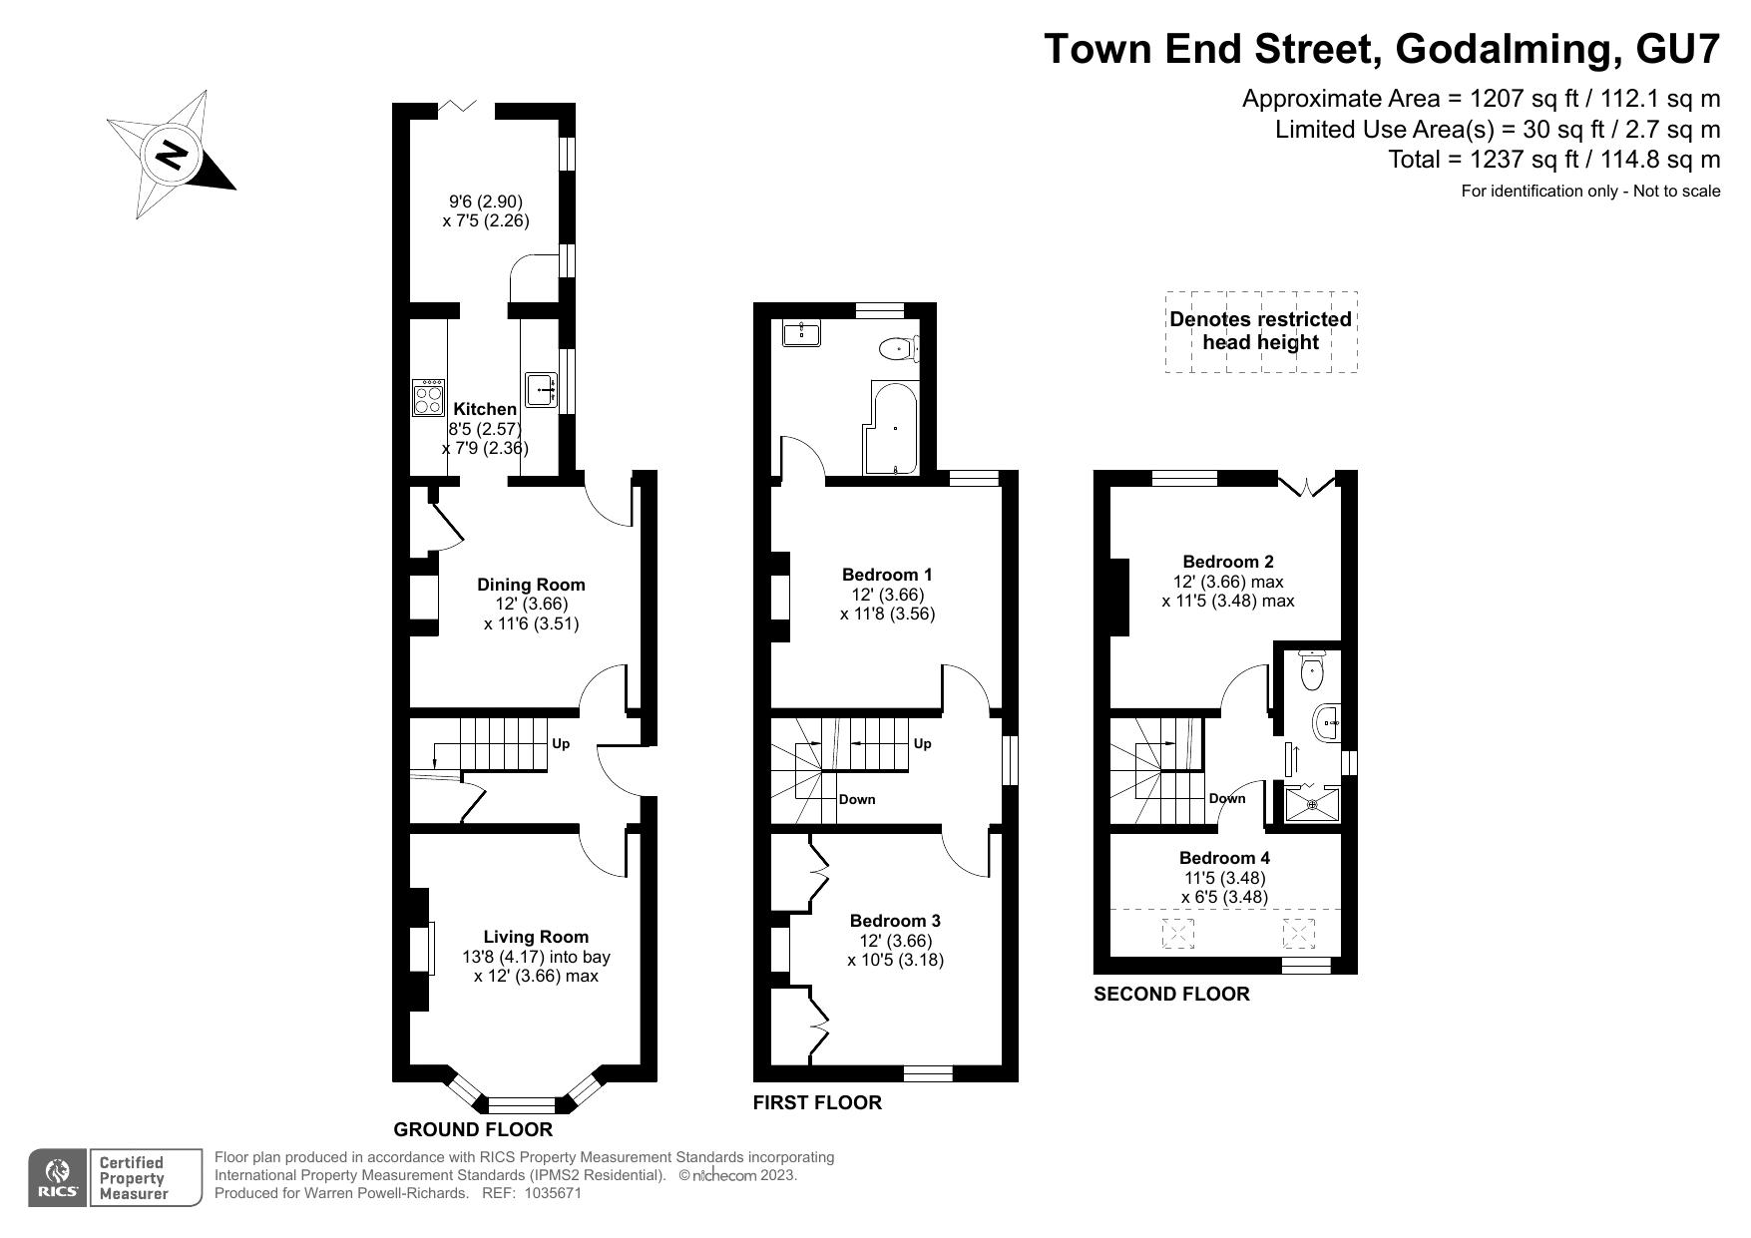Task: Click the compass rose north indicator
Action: pyautogui.click(x=172, y=155)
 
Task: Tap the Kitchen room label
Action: pyautogui.click(x=485, y=409)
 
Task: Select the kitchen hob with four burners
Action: pyautogui.click(x=429, y=397)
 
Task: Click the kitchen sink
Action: pyautogui.click(x=542, y=389)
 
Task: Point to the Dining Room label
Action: pyautogui.click(x=531, y=585)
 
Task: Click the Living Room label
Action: pyautogui.click(x=536, y=937)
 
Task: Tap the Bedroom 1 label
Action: pyautogui.click(x=887, y=575)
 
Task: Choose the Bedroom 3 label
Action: pyautogui.click(x=895, y=921)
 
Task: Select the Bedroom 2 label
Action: pyautogui.click(x=1228, y=562)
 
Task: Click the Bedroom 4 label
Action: pyautogui.click(x=1224, y=858)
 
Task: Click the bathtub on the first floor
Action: pyautogui.click(x=895, y=428)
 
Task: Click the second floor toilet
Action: pyautogui.click(x=1312, y=670)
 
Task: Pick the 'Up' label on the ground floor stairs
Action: pyautogui.click(x=561, y=743)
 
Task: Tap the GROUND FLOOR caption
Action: pyautogui.click(x=473, y=1129)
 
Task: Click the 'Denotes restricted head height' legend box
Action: pyautogui.click(x=1261, y=332)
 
